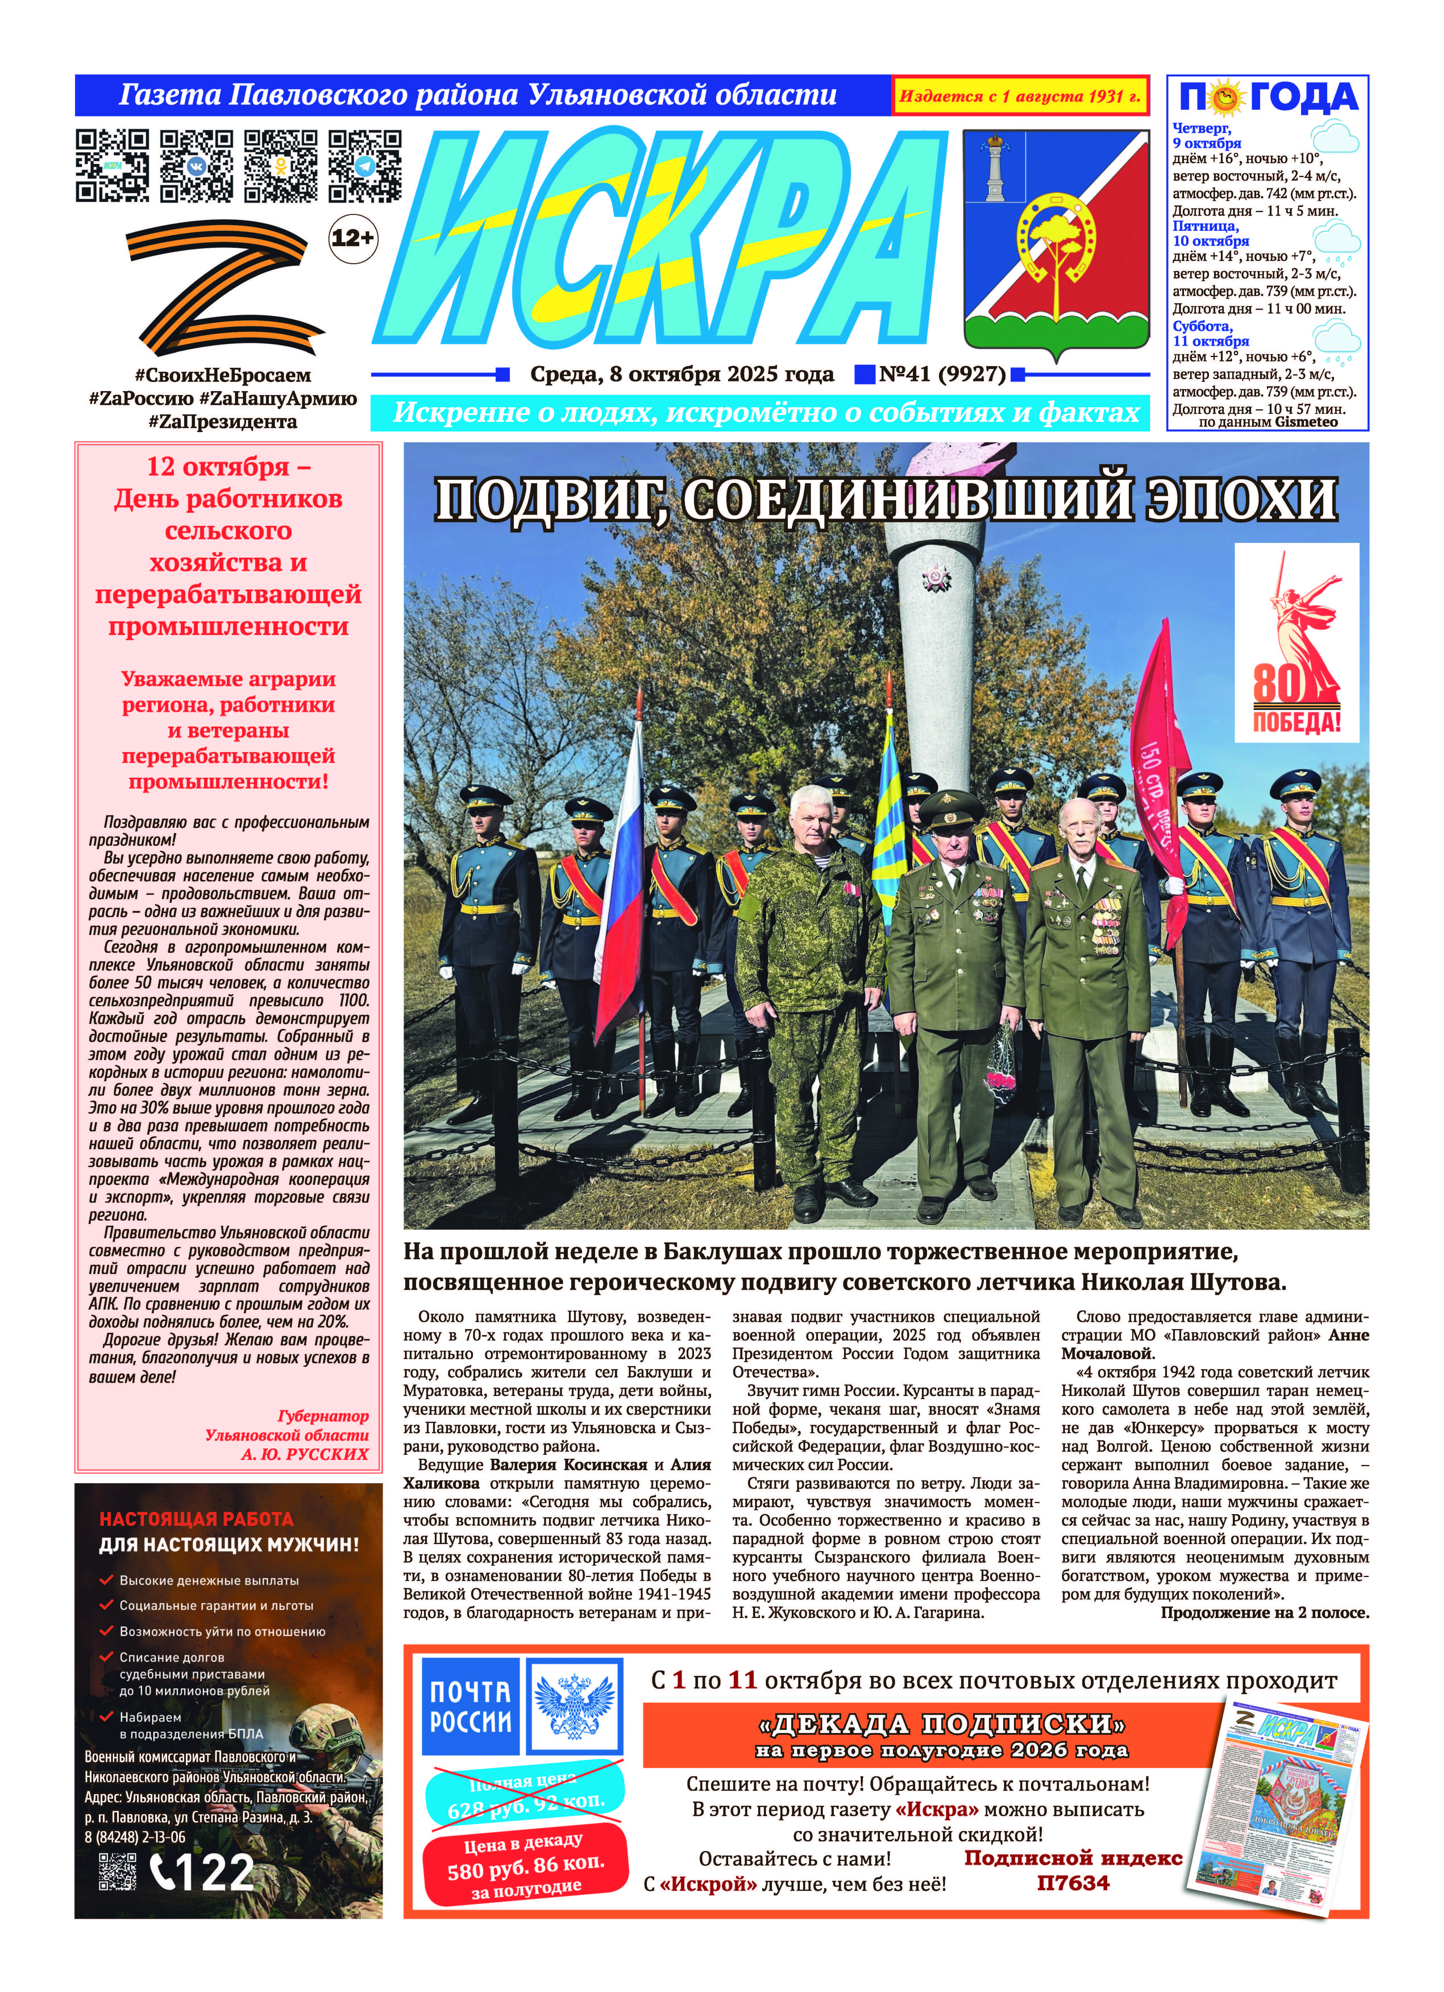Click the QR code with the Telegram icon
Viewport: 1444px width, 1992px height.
pyautogui.click(x=365, y=166)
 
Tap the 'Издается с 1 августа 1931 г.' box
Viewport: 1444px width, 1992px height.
pyautogui.click(x=1021, y=96)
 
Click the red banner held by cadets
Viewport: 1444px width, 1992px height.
pyautogui.click(x=1161, y=773)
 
